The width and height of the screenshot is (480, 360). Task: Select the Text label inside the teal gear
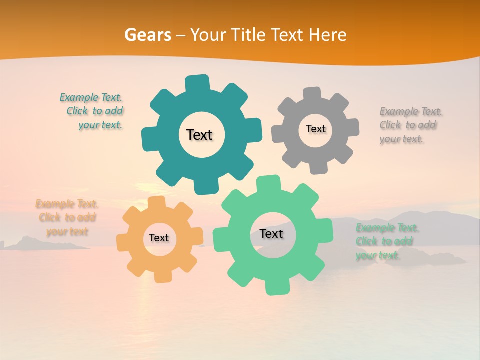pos(199,135)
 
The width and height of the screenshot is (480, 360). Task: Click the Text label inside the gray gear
pos(315,129)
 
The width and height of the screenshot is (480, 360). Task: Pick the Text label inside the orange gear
pos(159,238)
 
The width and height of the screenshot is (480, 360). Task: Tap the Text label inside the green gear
pos(271,234)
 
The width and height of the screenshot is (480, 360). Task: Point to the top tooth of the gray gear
pos(312,94)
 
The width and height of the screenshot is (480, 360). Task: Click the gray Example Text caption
pos(410,125)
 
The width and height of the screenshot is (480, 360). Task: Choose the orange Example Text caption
pos(67,218)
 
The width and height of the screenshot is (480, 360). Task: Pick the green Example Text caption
pos(386,242)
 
